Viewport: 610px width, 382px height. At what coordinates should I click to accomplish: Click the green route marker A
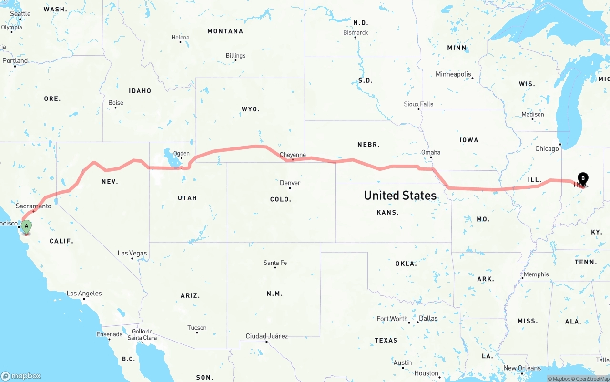pos(27,226)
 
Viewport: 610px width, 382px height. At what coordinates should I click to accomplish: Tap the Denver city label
pos(290,183)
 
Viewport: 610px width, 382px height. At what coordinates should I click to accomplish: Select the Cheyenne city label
pos(293,155)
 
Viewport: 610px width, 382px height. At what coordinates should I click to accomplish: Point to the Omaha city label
pos(431,152)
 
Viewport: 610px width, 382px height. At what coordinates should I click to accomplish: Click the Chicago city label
pos(547,149)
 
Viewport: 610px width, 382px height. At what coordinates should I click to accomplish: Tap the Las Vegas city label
pos(132,253)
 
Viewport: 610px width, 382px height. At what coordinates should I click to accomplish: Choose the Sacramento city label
pos(33,206)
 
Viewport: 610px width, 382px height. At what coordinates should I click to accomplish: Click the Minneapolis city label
pos(453,74)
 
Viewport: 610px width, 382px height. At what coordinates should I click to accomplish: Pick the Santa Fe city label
pos(275,263)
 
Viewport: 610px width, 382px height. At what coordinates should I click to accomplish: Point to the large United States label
pos(400,196)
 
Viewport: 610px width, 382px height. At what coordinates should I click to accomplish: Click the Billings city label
pos(235,56)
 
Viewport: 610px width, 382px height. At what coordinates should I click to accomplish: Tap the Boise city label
pos(115,102)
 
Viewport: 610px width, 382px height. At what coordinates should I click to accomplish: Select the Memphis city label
pos(536,274)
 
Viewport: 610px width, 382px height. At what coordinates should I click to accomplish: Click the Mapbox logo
pos(21,376)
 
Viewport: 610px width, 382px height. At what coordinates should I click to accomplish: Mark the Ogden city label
pos(181,154)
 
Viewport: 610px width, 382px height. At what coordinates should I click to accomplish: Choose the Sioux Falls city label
pos(418,104)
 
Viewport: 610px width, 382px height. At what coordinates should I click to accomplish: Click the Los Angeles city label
pos(84,294)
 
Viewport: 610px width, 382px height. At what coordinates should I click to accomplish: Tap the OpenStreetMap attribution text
pos(591,379)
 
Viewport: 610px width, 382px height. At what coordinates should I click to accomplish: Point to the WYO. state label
pos(251,109)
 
